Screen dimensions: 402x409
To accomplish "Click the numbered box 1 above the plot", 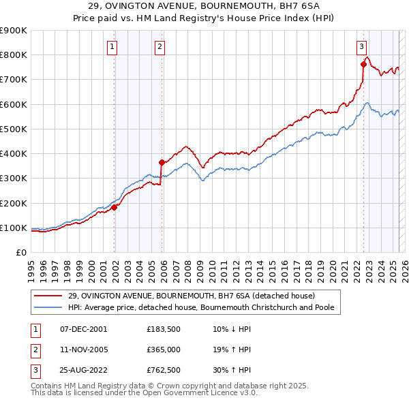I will (x=111, y=47).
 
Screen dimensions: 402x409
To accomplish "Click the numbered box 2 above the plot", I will (x=159, y=47).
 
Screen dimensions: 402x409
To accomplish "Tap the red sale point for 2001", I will (x=115, y=207).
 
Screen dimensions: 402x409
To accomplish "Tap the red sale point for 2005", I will (x=162, y=162).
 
